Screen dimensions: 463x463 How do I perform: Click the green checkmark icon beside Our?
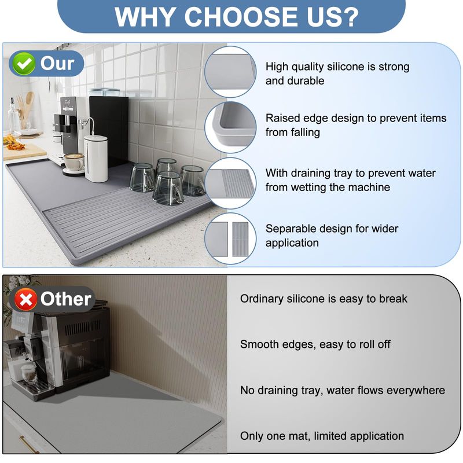click(x=24, y=64)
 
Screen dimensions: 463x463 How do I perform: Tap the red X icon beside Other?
click(x=26, y=299)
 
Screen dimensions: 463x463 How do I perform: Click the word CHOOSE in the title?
click(x=241, y=17)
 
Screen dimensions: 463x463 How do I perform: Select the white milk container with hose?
click(x=95, y=158)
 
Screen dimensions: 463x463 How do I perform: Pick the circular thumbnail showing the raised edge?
click(x=230, y=127)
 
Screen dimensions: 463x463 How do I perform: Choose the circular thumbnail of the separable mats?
click(x=230, y=238)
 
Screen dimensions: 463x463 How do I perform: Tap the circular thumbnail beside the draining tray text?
click(x=230, y=183)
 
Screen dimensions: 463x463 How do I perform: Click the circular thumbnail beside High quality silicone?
click(x=230, y=72)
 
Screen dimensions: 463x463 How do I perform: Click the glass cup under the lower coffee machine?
click(x=28, y=373)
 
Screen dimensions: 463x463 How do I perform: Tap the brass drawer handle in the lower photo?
click(x=28, y=444)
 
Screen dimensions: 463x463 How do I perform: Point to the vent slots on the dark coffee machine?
click(x=82, y=328)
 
